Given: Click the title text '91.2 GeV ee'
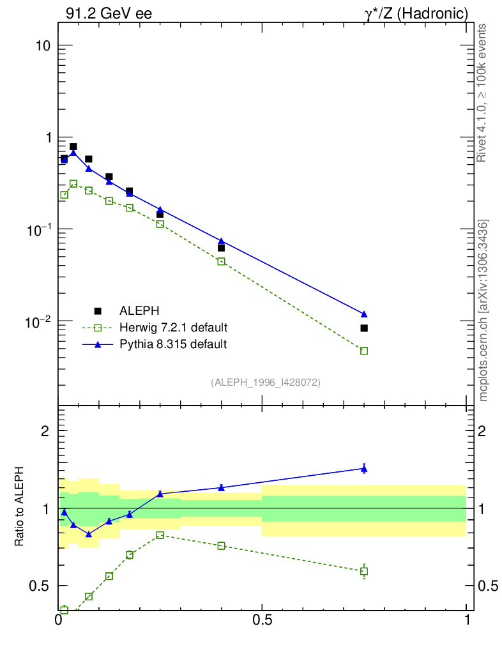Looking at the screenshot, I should coord(109,13).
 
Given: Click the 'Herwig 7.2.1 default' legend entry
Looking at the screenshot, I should coord(173,328).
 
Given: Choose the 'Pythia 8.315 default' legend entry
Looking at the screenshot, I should coord(173,344).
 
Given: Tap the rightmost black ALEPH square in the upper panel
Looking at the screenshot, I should coord(364,328).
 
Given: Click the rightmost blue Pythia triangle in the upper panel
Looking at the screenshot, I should coord(364,314).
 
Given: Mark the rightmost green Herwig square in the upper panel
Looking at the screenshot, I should coord(364,351).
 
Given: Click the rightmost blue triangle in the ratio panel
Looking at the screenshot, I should coord(364,469).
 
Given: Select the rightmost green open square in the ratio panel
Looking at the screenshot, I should coord(364,571).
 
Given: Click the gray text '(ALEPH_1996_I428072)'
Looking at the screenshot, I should coord(266,383).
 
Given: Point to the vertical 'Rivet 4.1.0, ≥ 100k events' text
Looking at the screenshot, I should coord(482,93).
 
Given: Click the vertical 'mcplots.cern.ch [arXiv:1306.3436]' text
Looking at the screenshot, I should coord(483,310).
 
